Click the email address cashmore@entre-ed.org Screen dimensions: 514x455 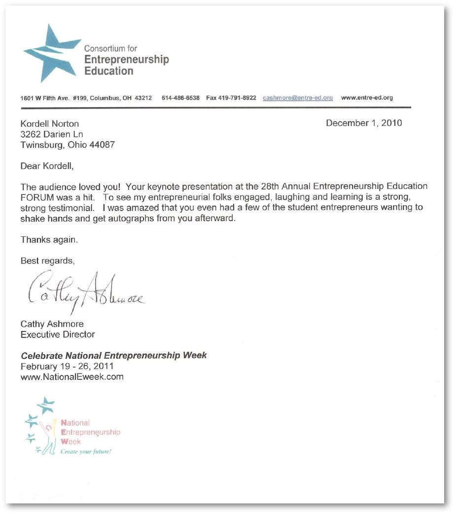coord(298,98)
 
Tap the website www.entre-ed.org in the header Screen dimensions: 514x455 coord(367,98)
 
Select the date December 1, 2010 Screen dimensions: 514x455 coord(364,123)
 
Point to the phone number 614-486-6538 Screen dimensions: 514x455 coord(180,98)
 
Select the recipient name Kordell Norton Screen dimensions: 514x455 coord(50,124)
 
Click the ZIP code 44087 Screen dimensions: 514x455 coord(103,145)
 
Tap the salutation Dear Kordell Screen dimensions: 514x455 coord(47,166)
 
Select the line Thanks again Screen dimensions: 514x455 coord(49,240)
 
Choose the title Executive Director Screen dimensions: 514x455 coord(58,334)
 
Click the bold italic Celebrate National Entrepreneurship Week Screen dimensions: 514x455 coord(114,356)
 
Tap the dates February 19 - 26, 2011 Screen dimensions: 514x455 coord(67,367)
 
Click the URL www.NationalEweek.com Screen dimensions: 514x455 coord(72,377)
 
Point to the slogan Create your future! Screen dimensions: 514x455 coord(86,451)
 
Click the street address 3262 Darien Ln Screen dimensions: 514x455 coord(52,134)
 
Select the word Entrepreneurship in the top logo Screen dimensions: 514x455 coord(127,60)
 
